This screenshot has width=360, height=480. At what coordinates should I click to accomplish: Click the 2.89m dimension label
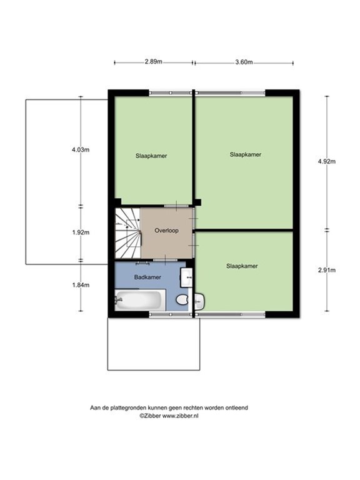point(154,62)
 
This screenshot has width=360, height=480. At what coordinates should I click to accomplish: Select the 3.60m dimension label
point(244,62)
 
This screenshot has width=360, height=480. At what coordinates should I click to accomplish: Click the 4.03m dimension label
point(80,149)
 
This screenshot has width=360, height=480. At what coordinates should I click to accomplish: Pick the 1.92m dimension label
point(80,232)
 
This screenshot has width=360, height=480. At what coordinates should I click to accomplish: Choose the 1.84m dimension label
point(80,284)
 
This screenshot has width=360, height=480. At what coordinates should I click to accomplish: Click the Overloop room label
point(166,231)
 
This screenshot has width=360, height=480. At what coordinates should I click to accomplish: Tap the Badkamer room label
point(148,277)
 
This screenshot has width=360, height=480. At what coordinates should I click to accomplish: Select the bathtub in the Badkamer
point(141,300)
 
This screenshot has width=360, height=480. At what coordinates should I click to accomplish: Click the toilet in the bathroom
point(182,301)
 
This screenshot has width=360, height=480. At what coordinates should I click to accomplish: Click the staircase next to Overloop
point(127,233)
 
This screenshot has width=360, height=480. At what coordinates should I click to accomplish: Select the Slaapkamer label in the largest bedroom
point(245,154)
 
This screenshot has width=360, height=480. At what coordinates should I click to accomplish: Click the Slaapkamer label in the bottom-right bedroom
point(242,266)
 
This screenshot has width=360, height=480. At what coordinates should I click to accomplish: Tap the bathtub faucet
point(119,300)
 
